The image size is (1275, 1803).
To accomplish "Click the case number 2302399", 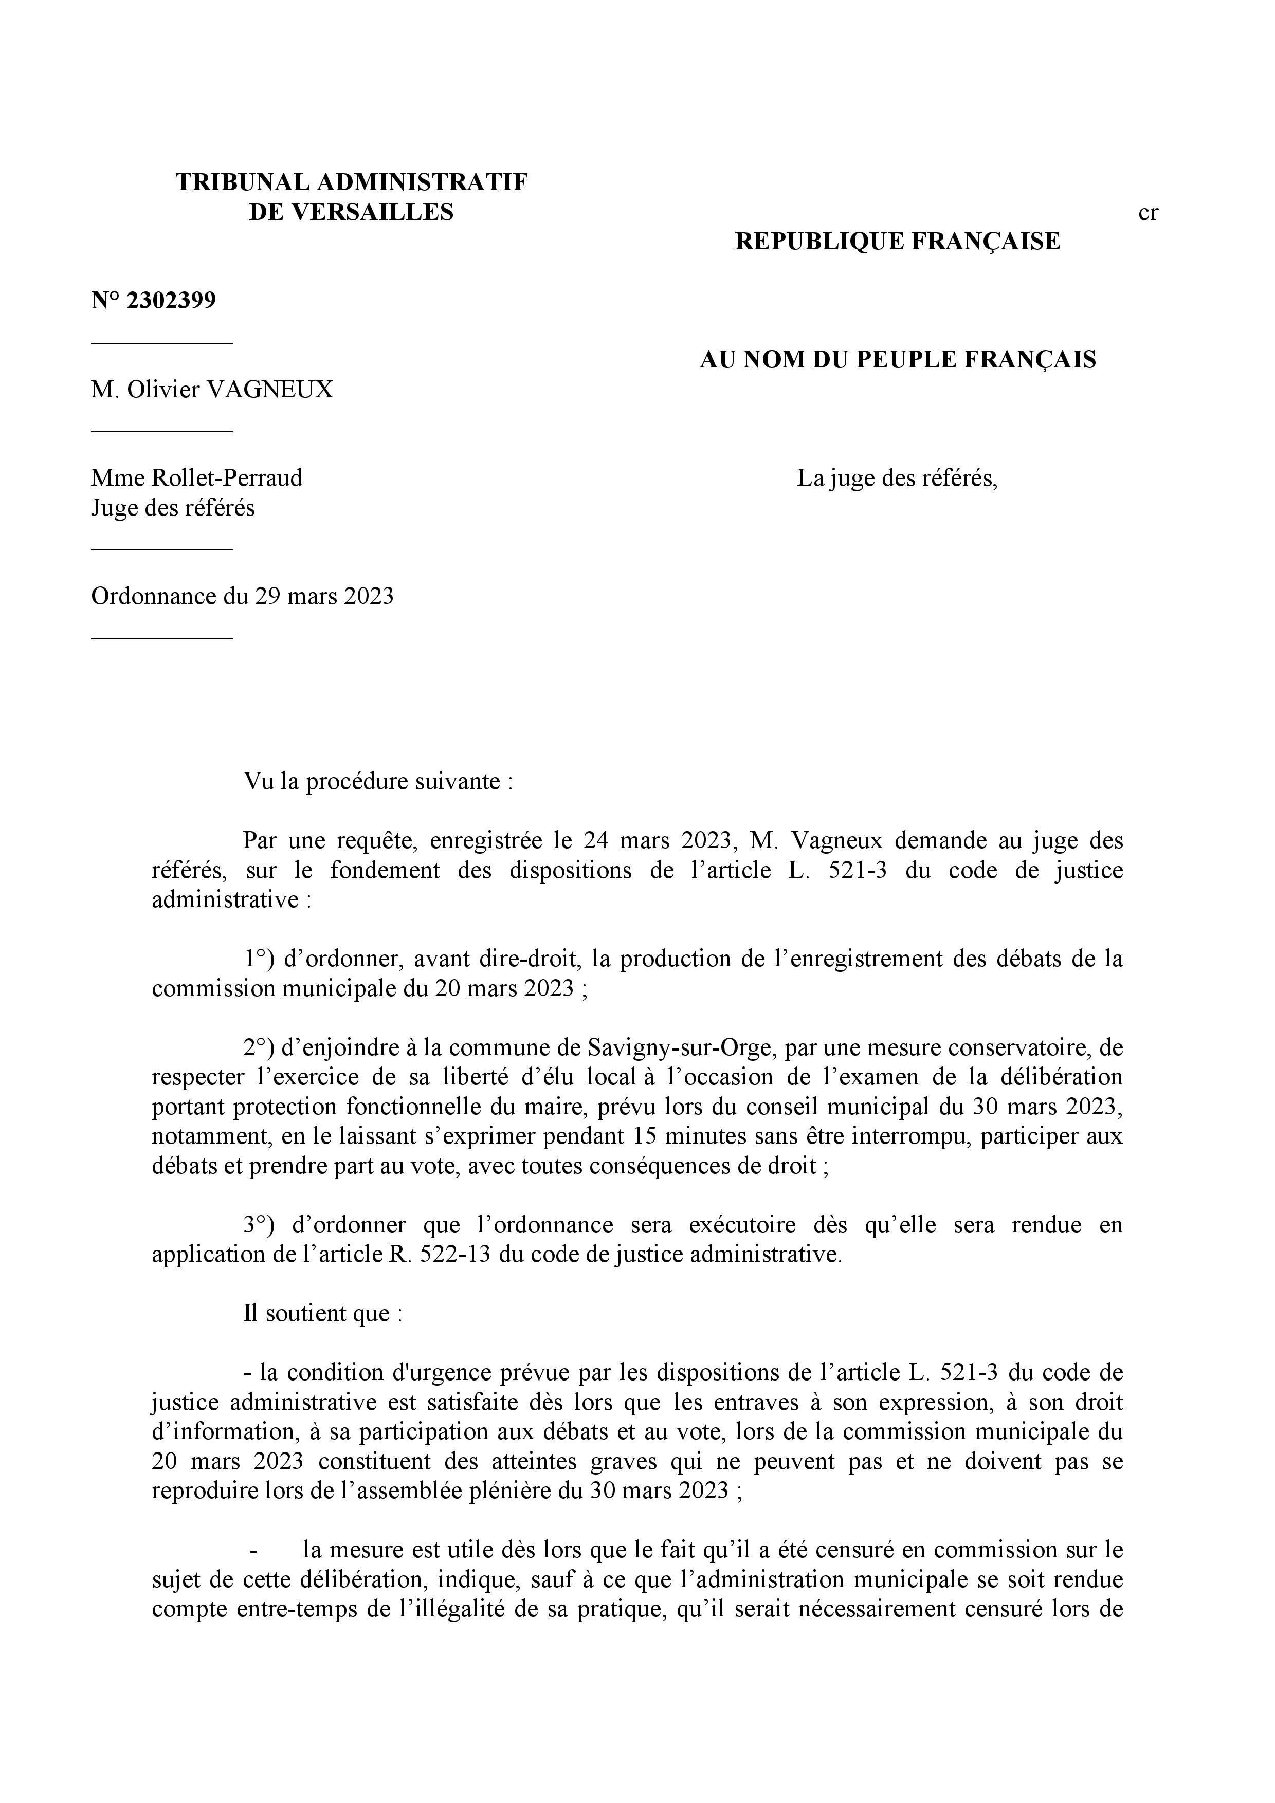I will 171,301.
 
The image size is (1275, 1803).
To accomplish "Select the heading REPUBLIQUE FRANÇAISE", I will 897,241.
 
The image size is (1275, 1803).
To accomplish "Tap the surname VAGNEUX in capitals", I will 269,389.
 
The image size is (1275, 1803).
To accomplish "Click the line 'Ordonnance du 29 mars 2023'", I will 242,596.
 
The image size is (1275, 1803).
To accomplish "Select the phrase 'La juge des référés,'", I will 897,477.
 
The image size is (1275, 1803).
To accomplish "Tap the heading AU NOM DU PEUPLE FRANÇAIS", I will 897,360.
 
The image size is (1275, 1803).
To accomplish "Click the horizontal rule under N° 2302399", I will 162,342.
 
